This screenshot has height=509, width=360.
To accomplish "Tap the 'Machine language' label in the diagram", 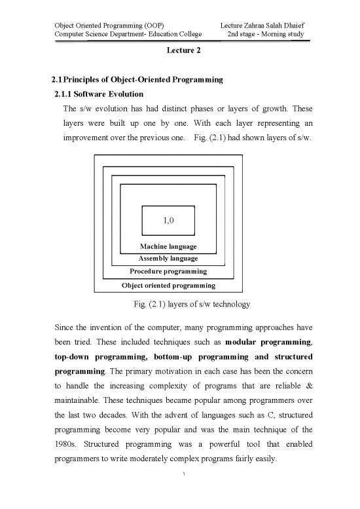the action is (x=168, y=246).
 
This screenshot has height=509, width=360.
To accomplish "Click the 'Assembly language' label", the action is (x=168, y=259).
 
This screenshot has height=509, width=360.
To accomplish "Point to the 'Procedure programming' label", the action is (x=168, y=271).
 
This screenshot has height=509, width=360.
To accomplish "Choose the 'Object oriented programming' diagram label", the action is (x=168, y=286).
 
